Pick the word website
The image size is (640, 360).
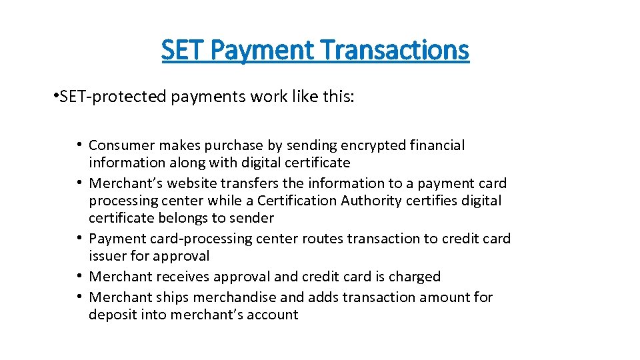[x=193, y=183]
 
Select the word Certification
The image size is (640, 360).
[x=295, y=201]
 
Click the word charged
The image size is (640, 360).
[x=411, y=277]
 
